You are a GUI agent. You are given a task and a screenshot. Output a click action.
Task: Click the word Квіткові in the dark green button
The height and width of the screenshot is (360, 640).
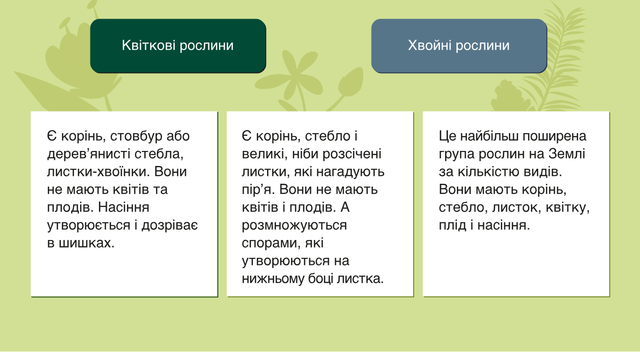point(149,45)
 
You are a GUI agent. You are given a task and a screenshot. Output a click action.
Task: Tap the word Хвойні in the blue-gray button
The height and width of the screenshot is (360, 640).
point(430,45)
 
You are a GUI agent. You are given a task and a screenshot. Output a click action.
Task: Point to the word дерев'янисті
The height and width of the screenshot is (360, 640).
point(89,154)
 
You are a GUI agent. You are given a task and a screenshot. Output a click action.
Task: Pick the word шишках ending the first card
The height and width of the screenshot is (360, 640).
point(87,243)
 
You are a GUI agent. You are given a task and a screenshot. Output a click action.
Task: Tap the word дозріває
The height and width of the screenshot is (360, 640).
point(170,225)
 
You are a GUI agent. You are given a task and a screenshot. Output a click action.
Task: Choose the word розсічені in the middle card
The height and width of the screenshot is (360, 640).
point(352,154)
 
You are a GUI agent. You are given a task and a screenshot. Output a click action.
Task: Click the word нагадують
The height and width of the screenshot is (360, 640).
point(350,172)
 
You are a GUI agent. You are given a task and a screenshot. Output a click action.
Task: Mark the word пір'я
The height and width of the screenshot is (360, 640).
point(258,189)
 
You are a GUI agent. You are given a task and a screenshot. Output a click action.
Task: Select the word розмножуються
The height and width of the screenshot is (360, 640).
point(294,225)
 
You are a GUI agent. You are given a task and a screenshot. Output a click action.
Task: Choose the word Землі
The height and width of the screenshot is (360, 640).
point(566,154)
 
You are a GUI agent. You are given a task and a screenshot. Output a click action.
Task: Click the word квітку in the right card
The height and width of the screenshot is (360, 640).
point(567,208)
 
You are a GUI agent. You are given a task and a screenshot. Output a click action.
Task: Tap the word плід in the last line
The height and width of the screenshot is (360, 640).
point(452,225)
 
